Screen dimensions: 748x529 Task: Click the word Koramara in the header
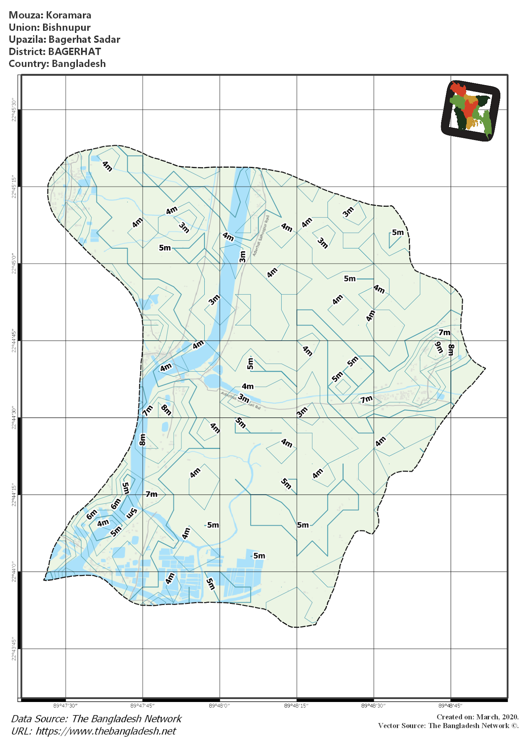point(68,15)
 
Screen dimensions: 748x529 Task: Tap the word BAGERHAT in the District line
point(75,51)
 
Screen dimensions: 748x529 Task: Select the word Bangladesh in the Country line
point(79,64)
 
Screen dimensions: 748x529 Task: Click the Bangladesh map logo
point(471,111)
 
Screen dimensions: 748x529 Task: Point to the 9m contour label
point(438,348)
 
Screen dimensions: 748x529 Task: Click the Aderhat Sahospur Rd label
point(261,235)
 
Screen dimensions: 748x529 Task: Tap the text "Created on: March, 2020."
point(477,717)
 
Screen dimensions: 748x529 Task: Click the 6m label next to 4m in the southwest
point(92,515)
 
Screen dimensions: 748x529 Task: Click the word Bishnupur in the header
point(66,27)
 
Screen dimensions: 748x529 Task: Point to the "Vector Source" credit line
point(448,725)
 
